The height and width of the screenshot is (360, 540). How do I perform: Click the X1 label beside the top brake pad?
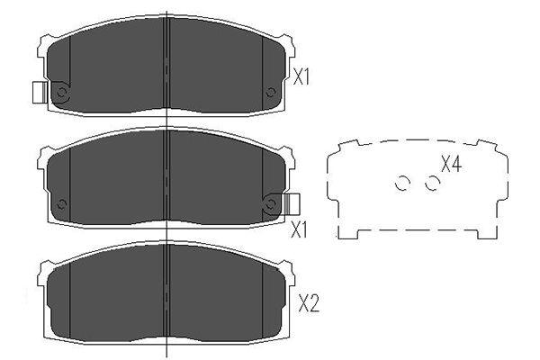(x=301, y=76)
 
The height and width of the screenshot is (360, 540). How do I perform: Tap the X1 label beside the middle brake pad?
(x=299, y=229)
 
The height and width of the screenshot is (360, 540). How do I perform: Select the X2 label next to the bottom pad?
(x=309, y=303)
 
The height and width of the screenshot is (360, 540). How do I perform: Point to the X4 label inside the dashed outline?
(x=451, y=164)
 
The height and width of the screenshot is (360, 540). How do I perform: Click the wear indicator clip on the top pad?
(x=40, y=93)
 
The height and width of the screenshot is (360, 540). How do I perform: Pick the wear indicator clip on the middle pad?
(x=292, y=204)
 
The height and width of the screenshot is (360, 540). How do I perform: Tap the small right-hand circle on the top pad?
(x=271, y=92)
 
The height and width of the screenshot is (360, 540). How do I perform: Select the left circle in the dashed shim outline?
(x=401, y=184)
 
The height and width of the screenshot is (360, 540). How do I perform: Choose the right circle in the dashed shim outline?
(x=432, y=184)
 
